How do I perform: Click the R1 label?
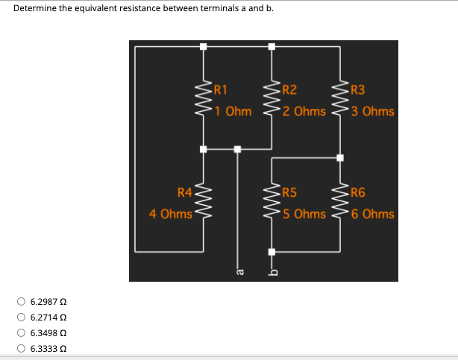tap(222, 92)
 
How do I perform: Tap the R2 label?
tap(288, 92)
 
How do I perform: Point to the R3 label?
tap(357, 92)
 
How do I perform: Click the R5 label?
tap(289, 194)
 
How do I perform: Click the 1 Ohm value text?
tap(232, 112)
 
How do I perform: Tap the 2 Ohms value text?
tap(304, 112)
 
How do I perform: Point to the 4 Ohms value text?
tap(171, 214)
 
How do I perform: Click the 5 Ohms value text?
tap(304, 214)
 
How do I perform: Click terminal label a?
tap(239, 274)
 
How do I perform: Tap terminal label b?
tap(272, 273)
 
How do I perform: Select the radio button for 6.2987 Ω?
tap(21, 302)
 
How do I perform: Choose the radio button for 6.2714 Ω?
tap(21, 318)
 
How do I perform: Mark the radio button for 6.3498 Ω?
tap(21, 333)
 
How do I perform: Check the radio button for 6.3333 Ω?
tap(21, 348)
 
